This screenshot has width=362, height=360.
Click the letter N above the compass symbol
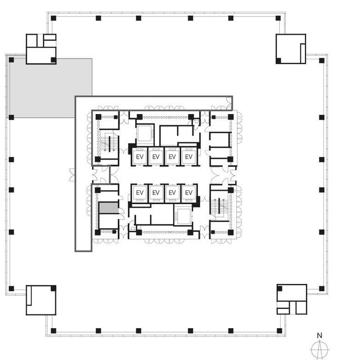(x=320, y=336)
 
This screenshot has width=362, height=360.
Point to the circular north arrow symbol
(x=320, y=350)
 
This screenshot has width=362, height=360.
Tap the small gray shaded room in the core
(x=109, y=208)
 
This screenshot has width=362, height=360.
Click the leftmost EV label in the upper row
(x=140, y=157)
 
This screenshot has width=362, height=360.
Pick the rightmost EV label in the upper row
(x=189, y=157)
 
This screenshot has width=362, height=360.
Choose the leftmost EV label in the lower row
(x=140, y=193)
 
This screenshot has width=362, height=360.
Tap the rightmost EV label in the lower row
(x=189, y=193)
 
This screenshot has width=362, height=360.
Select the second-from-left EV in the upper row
(x=156, y=157)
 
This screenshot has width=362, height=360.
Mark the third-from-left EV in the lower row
(x=172, y=193)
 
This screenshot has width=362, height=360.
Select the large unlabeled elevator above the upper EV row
(x=145, y=133)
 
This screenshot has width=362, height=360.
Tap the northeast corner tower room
(x=291, y=49)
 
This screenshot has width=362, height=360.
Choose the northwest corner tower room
(x=41, y=49)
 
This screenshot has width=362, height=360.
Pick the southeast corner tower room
(x=292, y=299)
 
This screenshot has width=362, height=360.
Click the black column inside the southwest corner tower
(x=53, y=288)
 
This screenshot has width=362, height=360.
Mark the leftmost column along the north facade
(x=53, y=18)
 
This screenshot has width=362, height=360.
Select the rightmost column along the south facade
(x=279, y=331)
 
